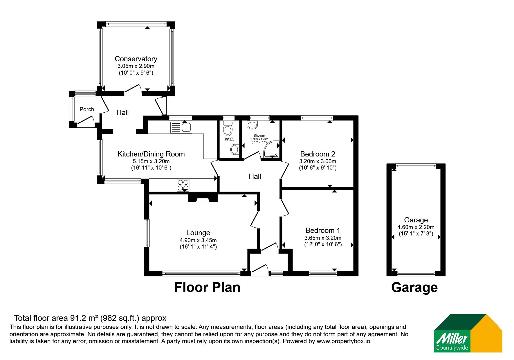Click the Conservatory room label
coord(136,59)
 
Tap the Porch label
coord(87,109)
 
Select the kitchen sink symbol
coord(181,127)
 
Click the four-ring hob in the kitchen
coord(183,185)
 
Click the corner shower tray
coord(271,149)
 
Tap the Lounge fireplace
coord(203,198)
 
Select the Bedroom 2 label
coord(318,154)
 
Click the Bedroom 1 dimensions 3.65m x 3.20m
coord(323,238)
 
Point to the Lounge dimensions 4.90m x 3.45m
coord(198,240)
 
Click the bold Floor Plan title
coord(207,287)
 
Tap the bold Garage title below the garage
coord(414,288)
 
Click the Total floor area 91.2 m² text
coord(57,318)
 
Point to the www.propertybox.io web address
coord(343,341)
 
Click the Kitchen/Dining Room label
coord(151,154)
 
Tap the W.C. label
coord(229,139)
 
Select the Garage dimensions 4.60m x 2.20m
coord(416,227)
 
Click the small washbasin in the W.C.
coord(235,150)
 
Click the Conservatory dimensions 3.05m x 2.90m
coord(136,66)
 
